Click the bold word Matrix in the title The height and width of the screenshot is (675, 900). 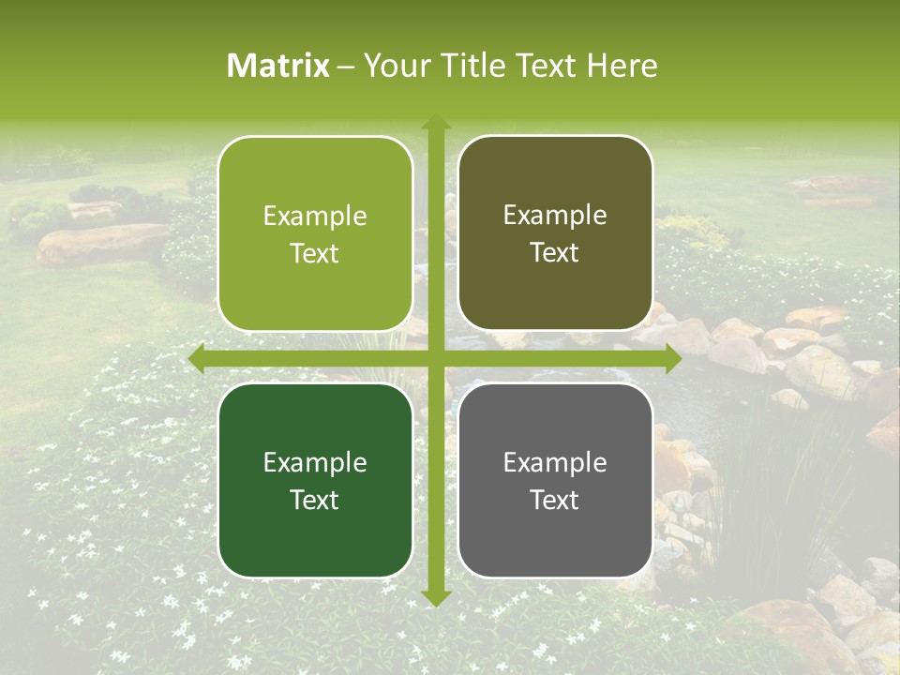pyautogui.click(x=278, y=66)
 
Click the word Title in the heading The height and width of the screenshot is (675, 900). pyautogui.click(x=472, y=66)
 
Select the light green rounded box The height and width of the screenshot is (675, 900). pyautogui.click(x=315, y=233)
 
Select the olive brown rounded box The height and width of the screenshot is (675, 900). pyautogui.click(x=555, y=233)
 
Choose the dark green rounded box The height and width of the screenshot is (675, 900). pyautogui.click(x=315, y=480)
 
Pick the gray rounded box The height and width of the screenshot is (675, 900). pyautogui.click(x=555, y=480)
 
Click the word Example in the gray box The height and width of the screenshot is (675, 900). pyautogui.click(x=555, y=462)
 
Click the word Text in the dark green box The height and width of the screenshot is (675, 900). pyautogui.click(x=315, y=500)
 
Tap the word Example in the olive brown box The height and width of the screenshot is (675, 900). pyautogui.click(x=555, y=216)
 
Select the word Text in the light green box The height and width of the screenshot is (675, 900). pyautogui.click(x=315, y=253)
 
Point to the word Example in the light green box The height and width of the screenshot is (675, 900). pyautogui.click(x=315, y=216)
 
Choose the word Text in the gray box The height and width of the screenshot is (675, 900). pyautogui.click(x=555, y=500)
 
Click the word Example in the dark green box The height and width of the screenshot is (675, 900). pyautogui.click(x=315, y=462)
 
